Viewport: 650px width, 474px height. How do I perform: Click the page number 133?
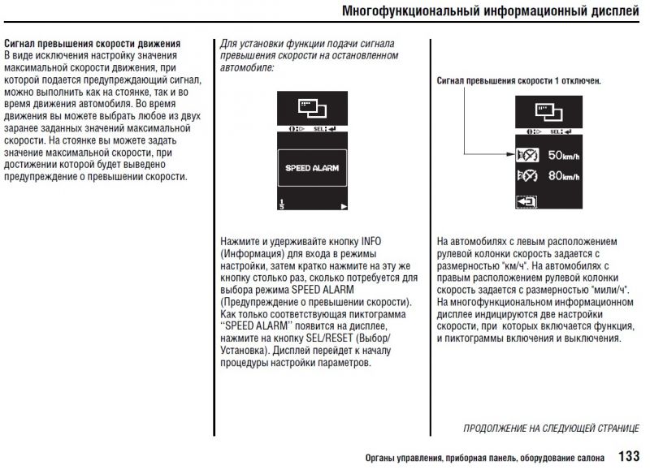pyautogui.click(x=630, y=456)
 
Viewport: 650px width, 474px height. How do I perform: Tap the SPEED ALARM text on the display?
pyautogui.click(x=312, y=168)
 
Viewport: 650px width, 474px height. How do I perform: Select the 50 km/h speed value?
pyautogui.click(x=561, y=154)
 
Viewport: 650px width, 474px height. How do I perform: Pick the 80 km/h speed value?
pyautogui.click(x=561, y=175)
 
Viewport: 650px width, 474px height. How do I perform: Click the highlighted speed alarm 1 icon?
pyautogui.click(x=526, y=154)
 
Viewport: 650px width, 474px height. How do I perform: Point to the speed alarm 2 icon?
pyautogui.click(x=526, y=175)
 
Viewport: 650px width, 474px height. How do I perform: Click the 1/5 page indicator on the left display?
pyautogui.click(x=281, y=204)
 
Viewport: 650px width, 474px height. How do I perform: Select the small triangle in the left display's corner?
pyautogui.click(x=344, y=207)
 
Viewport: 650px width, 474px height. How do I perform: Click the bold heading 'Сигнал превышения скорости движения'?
pyautogui.click(x=92, y=41)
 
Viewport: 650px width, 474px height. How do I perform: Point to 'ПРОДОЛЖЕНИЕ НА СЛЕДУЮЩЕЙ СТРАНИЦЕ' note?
pyautogui.click(x=551, y=428)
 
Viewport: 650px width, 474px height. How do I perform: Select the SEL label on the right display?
pyautogui.click(x=557, y=131)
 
